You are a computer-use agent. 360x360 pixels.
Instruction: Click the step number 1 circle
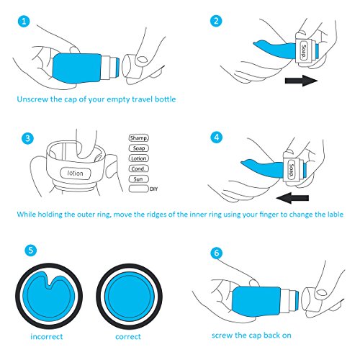(24, 22)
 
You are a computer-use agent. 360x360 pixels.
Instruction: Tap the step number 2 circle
(216, 21)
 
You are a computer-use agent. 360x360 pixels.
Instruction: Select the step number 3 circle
(27, 138)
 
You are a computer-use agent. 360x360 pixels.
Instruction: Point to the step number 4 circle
(217, 138)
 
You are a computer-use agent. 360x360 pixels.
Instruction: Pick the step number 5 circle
(31, 251)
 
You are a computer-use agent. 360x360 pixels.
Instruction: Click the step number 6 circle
(217, 253)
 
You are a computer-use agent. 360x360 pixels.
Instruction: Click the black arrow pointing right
(301, 81)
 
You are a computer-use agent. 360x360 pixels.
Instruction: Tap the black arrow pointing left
(292, 198)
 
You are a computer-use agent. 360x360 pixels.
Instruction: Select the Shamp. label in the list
(139, 138)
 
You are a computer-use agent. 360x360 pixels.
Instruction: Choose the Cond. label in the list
(139, 168)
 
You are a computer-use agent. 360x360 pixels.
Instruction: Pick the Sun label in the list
(139, 179)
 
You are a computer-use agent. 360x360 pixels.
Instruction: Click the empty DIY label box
(139, 189)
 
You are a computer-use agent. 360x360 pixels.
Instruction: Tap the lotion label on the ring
(76, 173)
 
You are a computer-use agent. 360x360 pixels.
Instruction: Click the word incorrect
(47, 336)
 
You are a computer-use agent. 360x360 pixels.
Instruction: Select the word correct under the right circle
(128, 337)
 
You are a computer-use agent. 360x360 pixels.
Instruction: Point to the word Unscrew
(32, 99)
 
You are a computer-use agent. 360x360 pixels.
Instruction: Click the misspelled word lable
(334, 214)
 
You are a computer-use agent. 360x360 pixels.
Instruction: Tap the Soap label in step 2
(304, 51)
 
